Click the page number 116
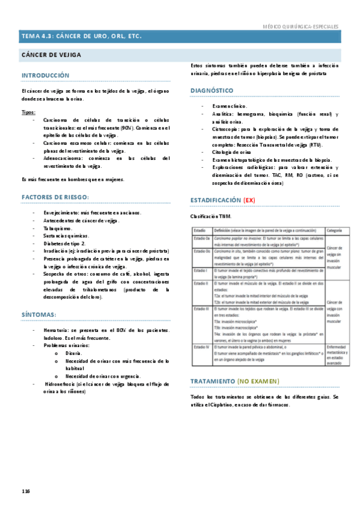tap(26, 491)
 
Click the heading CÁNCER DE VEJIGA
tap(50, 55)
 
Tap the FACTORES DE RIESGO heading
tap(55, 197)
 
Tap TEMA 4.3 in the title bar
tap(37, 36)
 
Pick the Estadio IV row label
tap(200, 348)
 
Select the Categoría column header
tap(335, 230)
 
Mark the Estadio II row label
tap(200, 282)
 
